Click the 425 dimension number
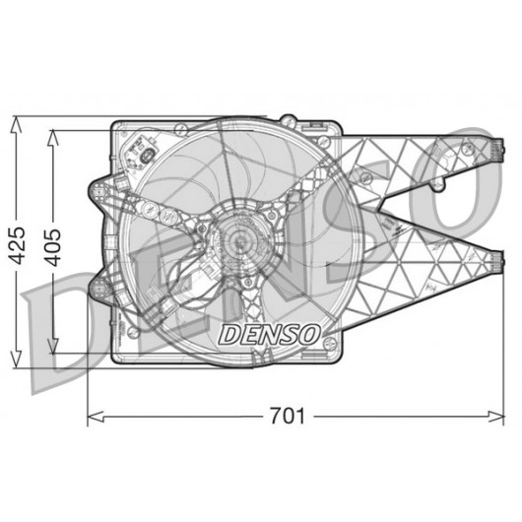click(18, 245)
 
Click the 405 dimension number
click(53, 247)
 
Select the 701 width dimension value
click(287, 416)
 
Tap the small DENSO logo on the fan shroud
click(269, 335)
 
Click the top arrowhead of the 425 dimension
click(16, 126)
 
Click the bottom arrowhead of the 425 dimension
click(16, 359)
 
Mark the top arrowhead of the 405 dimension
click(52, 139)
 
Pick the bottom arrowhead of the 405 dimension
click(52, 346)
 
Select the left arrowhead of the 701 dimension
click(96, 417)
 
